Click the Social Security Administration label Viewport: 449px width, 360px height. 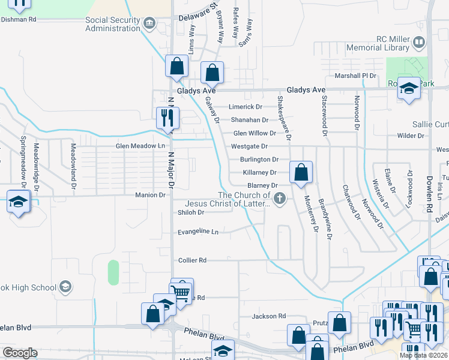coord(113,24)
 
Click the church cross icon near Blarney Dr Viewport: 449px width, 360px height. coord(279,198)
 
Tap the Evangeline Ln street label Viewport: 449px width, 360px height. coord(198,232)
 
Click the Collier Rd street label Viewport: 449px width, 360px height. coord(192,260)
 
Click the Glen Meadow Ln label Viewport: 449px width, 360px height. coord(140,146)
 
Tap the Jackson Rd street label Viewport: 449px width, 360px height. coord(269,316)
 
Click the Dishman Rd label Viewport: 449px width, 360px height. coord(19,19)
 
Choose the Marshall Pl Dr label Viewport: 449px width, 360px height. coord(355,76)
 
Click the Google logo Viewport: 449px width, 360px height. coord(20,352)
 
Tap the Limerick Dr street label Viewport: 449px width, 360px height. coord(246,107)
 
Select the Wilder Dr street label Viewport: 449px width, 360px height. coord(411,136)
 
